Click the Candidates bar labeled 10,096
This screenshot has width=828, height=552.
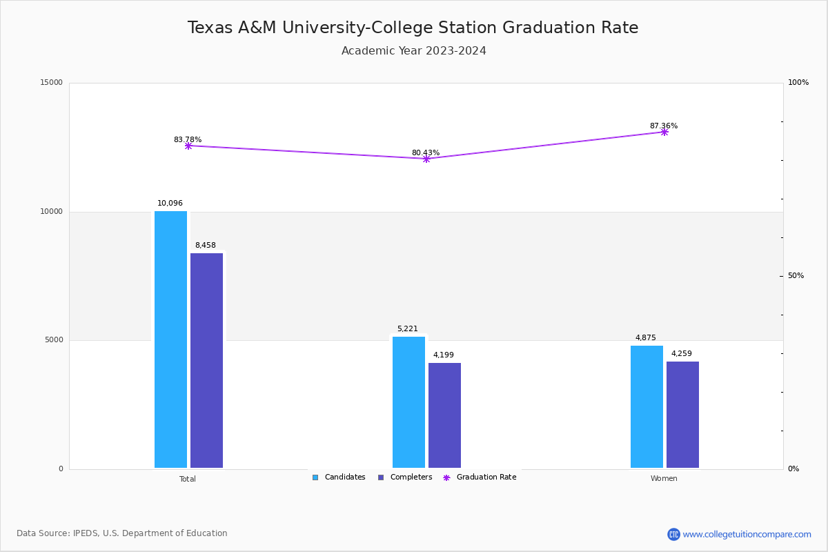[170, 339]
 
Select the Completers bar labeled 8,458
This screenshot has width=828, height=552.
[206, 360]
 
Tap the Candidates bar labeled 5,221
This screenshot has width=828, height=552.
[408, 402]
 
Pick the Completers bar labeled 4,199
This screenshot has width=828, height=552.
[444, 415]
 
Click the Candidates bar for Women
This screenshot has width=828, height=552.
[647, 406]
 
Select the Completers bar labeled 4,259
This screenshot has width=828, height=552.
[682, 415]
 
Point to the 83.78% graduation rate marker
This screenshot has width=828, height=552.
[188, 146]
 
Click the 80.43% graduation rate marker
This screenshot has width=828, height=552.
[426, 159]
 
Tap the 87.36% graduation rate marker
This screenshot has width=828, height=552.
[664, 132]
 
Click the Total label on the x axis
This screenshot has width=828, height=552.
[188, 479]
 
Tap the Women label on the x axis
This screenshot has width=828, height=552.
[664, 479]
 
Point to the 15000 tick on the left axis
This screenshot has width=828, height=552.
[52, 83]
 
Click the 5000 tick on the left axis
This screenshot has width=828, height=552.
[54, 340]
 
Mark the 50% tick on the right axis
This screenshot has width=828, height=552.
[796, 276]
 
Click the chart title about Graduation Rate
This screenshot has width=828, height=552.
[413, 28]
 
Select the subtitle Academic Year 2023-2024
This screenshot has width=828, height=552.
[413, 51]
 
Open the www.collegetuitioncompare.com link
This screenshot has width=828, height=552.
[747, 534]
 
